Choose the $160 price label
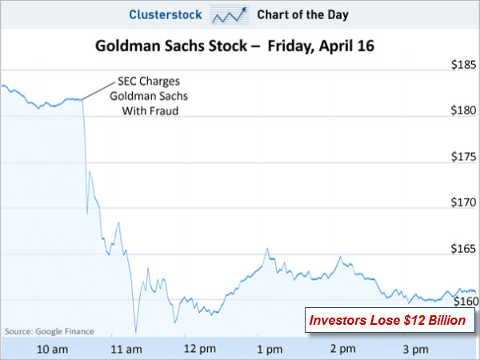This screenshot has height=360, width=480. pyautogui.click(x=463, y=301)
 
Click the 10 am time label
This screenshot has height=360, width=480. pyautogui.click(x=53, y=349)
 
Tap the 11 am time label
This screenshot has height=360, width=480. pyautogui.click(x=126, y=349)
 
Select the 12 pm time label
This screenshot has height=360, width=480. pyautogui.click(x=198, y=349)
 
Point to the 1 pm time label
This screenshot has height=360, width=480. pyautogui.click(x=270, y=349)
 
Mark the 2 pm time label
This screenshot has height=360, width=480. pyautogui.click(x=342, y=349)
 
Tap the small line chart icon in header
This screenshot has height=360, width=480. pyautogui.click(x=230, y=15)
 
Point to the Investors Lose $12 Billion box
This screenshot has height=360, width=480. pyautogui.click(x=387, y=322)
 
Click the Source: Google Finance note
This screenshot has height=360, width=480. pyautogui.click(x=49, y=330)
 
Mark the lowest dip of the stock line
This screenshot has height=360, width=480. pyautogui.click(x=136, y=331)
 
